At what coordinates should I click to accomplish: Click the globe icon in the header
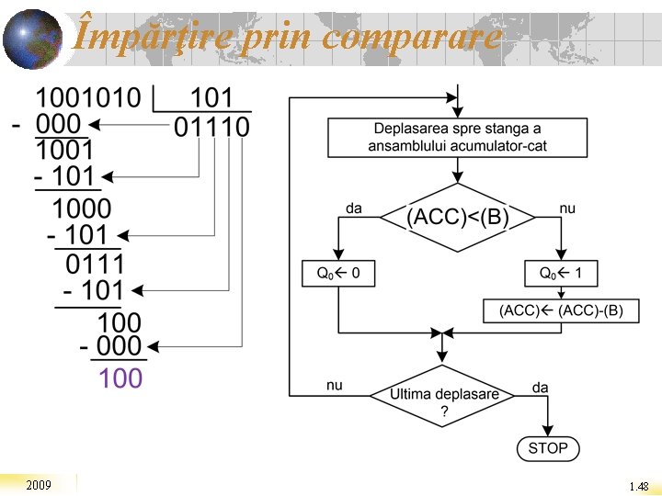point(31,39)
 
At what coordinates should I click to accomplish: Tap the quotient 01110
point(211,127)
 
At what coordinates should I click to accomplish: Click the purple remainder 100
point(120,378)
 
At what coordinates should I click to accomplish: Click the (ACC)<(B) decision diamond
point(457,218)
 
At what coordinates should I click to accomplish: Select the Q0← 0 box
point(338,273)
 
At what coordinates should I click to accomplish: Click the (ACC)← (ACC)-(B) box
point(561,310)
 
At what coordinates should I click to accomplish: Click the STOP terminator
point(548,448)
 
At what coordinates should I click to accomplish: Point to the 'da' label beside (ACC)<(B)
point(353,209)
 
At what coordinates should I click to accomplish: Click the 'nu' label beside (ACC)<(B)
point(567,209)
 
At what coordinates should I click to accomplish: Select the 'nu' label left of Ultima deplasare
point(335,386)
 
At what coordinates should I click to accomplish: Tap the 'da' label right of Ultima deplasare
point(540,388)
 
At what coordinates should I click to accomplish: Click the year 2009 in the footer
point(39,485)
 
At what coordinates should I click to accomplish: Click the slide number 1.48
point(639,486)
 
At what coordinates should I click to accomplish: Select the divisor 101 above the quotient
point(211,97)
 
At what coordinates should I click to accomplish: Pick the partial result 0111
point(95,265)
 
